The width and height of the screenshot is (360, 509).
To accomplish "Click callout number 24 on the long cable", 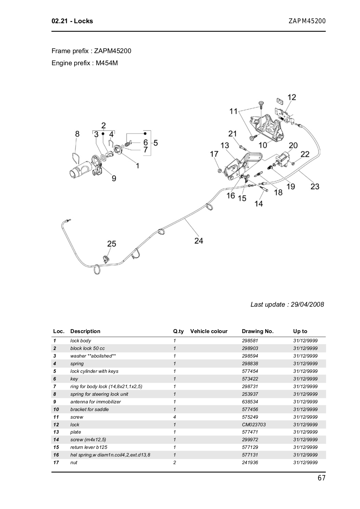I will coord(198,241).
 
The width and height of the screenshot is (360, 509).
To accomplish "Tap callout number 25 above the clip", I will coord(111,244).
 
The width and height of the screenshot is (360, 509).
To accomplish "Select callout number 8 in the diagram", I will coord(77,134).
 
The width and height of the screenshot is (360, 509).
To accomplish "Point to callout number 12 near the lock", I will coord(292,97).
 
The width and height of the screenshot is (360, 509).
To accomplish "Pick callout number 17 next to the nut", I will coord(214,154).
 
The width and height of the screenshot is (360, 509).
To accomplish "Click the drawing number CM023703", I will coord(254,424).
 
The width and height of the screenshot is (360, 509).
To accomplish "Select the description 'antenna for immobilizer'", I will coord(95,401).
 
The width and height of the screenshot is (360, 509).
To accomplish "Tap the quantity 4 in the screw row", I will coord(174,417).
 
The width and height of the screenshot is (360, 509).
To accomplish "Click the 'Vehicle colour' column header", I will coord(209,331).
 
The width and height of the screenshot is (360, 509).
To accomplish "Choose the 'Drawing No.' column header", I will coord(258,331).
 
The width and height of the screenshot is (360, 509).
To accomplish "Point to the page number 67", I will coord(321,478).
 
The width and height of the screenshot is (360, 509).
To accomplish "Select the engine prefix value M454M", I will coord(107,63).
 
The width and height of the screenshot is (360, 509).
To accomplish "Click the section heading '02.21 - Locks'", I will coord(72,21).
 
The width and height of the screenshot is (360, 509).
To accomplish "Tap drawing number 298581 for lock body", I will coord(250,340).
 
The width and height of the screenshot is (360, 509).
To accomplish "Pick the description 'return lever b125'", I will coord(89,447).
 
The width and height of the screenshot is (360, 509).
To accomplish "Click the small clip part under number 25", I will coord(106,258).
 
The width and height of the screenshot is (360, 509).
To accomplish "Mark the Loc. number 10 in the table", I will coord(56,409).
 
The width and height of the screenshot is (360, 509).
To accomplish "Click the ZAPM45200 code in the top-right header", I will coord(307,21).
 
